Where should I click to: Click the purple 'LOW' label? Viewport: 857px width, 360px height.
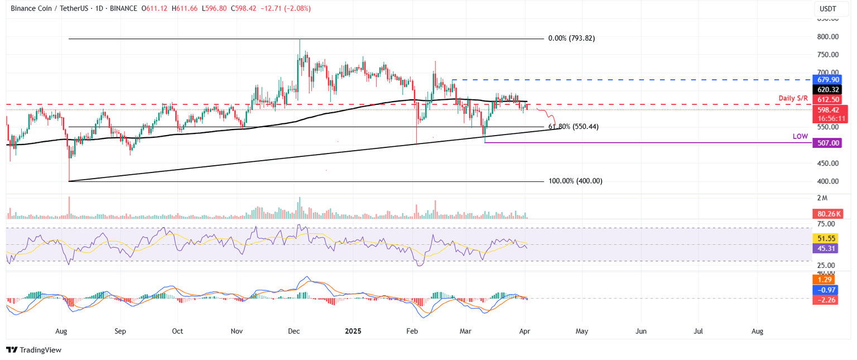click(x=800, y=136)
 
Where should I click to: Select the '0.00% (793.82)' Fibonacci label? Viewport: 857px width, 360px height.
click(x=575, y=39)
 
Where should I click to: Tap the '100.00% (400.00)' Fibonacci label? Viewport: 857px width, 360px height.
click(x=575, y=181)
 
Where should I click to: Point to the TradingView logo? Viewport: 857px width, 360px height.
click(x=33, y=350)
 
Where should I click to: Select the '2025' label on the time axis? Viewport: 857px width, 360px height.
click(x=353, y=331)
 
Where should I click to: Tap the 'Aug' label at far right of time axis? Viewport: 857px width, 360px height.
click(x=757, y=331)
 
